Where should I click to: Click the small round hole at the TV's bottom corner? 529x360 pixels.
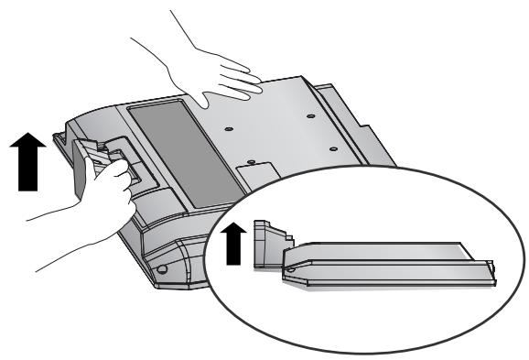click(161, 271)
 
